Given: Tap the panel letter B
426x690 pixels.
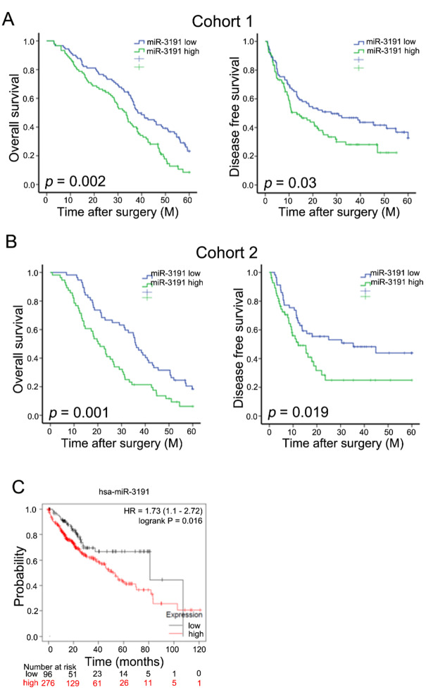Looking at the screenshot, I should (9, 245).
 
